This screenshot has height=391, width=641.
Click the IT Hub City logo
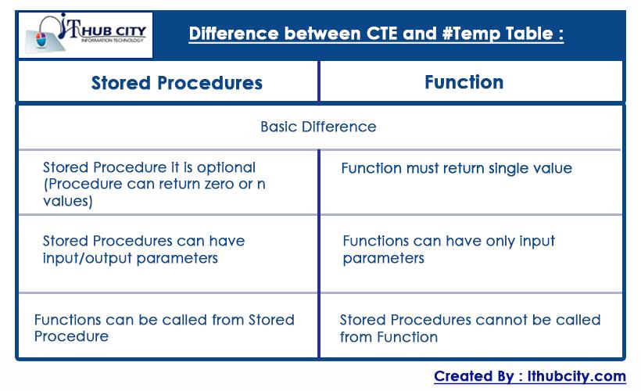point(85,35)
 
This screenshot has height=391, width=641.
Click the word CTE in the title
point(379,34)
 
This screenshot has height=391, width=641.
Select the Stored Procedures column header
point(177,83)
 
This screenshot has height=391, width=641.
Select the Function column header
point(464,82)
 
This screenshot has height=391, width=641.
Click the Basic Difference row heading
point(318,127)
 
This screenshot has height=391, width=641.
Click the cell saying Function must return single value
point(457,168)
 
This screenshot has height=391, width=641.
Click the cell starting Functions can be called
point(164,328)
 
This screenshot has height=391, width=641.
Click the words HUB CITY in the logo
point(110,29)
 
